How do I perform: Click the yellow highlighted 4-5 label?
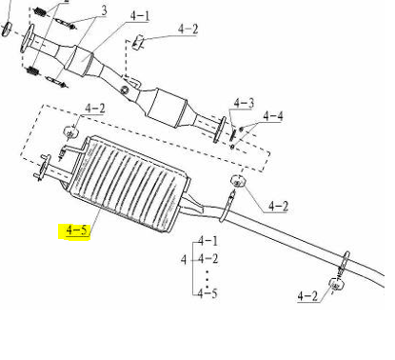pyautogui.click(x=76, y=230)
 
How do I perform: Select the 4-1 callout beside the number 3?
pyautogui.click(x=140, y=16)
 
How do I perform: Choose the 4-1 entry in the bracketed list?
pyautogui.click(x=207, y=241)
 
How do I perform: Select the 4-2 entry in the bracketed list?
pyautogui.click(x=207, y=258)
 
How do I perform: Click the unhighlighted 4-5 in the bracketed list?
pyautogui.click(x=207, y=293)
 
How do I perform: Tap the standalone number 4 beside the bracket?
pyautogui.click(x=184, y=258)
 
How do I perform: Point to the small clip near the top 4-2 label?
pyautogui.click(x=139, y=41)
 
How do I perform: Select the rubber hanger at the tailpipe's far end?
pyautogui.click(x=336, y=283)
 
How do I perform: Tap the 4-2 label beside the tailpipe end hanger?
pyautogui.click(x=308, y=296)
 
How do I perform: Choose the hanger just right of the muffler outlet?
pyautogui.click(x=240, y=183)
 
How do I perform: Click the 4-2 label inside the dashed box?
pyautogui.click(x=96, y=110)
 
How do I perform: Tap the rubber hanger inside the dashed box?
pyautogui.click(x=72, y=130)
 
